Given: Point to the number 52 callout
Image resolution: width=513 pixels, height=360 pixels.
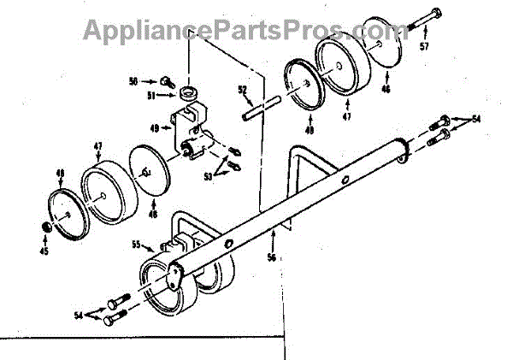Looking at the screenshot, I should coord(242,89).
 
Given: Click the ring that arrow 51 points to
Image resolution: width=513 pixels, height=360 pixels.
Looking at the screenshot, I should coord(190,91).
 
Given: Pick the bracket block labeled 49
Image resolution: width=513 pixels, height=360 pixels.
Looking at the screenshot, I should coord(192,124).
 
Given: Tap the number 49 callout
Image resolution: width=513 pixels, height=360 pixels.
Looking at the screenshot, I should coord(155,128).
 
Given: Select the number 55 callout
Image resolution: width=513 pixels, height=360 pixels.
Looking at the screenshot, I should coord(136,245).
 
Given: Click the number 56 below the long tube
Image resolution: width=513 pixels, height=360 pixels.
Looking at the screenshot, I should coord(273,256).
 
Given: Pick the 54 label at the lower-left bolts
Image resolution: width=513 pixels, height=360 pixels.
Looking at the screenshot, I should coord(80,315).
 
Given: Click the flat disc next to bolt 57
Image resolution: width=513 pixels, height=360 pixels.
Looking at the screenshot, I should coord(384,44).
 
